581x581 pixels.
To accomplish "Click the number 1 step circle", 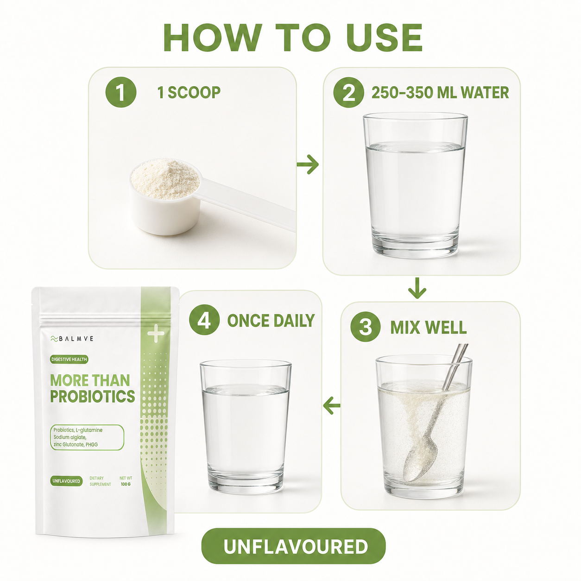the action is coord(120,92).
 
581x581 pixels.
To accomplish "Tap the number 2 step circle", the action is coord(348,92).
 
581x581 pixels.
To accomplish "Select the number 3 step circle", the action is coord(366,327).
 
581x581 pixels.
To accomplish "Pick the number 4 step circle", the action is coord(204,320).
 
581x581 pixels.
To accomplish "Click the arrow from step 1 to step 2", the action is coord(308,164).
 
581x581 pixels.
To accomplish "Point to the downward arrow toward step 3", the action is coord(417,288).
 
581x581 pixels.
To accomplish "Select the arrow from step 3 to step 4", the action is coord(332,405).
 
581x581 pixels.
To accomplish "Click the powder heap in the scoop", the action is coord(165,178).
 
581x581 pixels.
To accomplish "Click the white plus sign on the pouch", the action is coord(156,333).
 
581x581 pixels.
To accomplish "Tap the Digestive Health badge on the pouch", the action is coord(69,359).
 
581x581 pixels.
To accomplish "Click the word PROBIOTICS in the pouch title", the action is coord(93,397).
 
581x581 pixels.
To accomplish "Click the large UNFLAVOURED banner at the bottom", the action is coord(293,546).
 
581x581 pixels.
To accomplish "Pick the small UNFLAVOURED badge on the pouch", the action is coord(66,481).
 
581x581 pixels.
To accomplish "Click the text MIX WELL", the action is coord(429,327).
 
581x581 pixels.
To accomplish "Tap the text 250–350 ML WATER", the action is coord(440,93).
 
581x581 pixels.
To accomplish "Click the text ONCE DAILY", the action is coord(271,321).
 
